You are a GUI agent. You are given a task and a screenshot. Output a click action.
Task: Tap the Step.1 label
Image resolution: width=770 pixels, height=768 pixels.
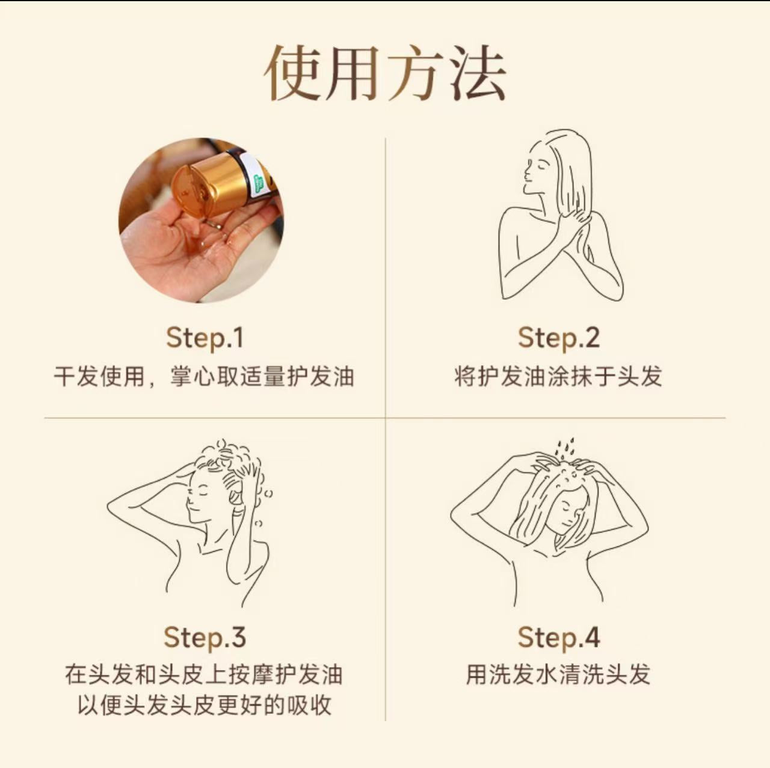point(205,338)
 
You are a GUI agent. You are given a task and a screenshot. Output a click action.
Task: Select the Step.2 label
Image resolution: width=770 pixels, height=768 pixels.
point(558,338)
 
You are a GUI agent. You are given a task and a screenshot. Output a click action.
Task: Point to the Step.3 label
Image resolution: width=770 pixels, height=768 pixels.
point(205,637)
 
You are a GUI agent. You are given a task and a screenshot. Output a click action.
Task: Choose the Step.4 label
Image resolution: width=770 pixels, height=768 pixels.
point(558,637)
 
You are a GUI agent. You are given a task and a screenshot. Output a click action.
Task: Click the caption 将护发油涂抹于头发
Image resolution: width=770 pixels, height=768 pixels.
point(558,377)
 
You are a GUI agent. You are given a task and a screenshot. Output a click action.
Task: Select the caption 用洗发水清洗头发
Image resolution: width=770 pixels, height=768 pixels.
point(558,674)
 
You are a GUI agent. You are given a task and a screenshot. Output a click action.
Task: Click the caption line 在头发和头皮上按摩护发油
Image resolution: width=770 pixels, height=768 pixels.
point(205,674)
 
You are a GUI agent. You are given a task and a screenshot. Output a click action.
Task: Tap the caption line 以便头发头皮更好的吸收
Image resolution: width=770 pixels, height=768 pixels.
point(205,705)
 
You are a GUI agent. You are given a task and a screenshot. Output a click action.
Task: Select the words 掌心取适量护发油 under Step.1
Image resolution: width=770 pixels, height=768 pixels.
point(262,377)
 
